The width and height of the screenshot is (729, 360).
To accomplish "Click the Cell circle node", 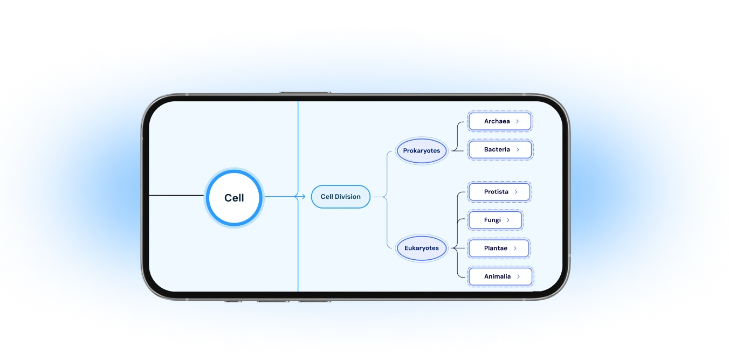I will click(x=234, y=198).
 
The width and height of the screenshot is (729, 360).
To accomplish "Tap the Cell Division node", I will click(x=341, y=197).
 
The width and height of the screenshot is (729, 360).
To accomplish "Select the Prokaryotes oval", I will click(x=422, y=151).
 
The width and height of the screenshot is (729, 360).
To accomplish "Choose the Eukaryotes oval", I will click(x=422, y=248).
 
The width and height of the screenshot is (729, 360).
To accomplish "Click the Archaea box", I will click(x=500, y=121).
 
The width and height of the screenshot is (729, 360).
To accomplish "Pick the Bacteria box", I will click(x=500, y=149).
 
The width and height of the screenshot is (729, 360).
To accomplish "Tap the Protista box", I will click(x=499, y=192).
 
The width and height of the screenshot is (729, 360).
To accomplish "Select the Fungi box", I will click(x=495, y=220).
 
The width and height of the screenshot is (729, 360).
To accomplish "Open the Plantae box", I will click(x=499, y=248).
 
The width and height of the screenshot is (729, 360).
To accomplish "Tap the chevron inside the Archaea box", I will click(x=517, y=121).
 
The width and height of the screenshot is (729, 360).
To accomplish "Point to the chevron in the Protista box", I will click(x=516, y=192).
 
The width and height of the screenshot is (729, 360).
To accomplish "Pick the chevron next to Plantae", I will click(x=515, y=248).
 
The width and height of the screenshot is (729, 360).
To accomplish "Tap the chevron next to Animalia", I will click(x=518, y=276).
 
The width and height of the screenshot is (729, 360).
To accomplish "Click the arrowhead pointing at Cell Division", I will click(x=296, y=197).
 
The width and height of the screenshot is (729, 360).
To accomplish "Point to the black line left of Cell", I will click(x=176, y=196).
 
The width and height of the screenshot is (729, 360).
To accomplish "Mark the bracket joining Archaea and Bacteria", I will click(x=457, y=136).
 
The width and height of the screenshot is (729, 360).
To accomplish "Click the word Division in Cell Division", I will click(x=348, y=197).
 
